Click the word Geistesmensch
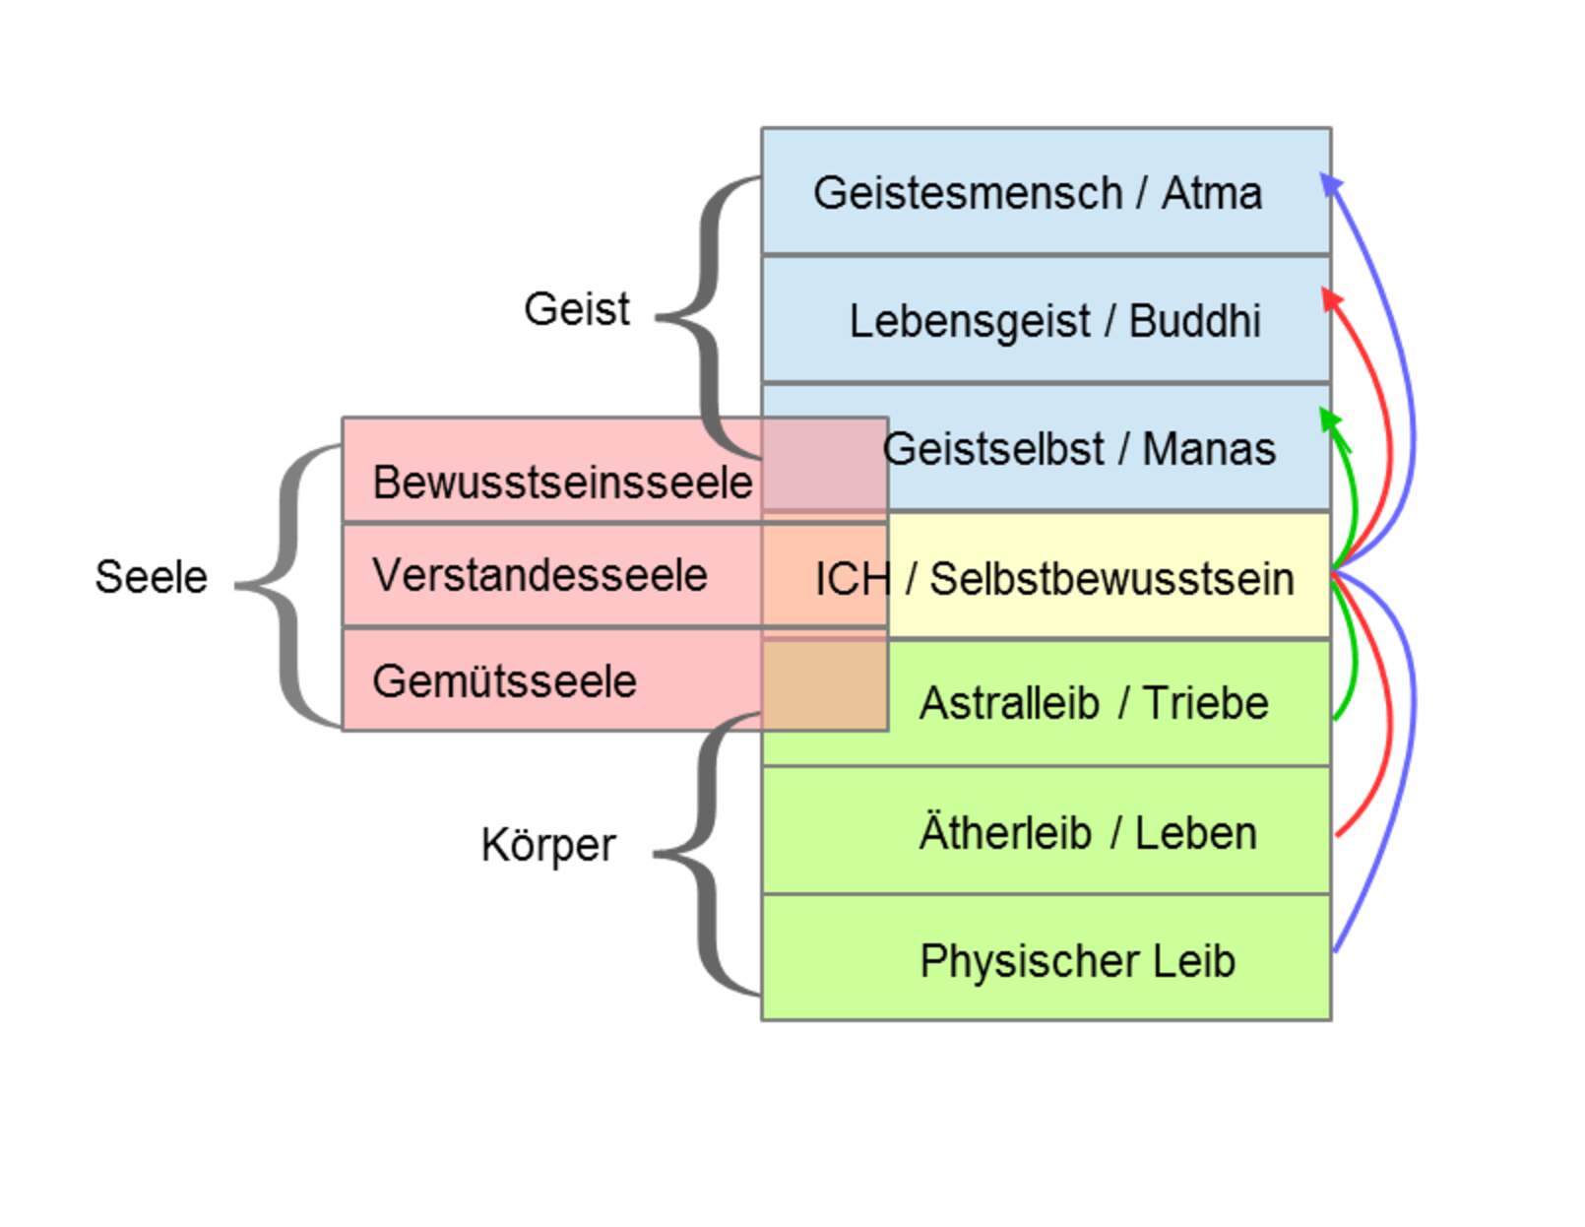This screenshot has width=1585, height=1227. tap(967, 193)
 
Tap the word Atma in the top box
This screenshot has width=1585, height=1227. tap(1211, 193)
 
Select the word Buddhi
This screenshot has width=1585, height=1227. tap(1194, 321)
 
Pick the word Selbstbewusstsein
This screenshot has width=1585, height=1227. tap(1111, 579)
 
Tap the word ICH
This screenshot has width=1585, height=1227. tap(853, 579)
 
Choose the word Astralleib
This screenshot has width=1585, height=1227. tap(1008, 703)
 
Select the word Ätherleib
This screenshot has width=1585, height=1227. tap(1005, 832)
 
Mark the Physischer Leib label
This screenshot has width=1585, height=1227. tap(1077, 961)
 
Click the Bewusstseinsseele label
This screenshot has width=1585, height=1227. tap(562, 483)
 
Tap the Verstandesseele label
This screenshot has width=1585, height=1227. tap(539, 575)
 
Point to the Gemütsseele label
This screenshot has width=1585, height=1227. tap(504, 681)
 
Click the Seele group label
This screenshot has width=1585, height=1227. tap(151, 577)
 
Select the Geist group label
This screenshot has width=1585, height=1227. tap(576, 309)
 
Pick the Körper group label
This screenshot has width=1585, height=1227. tap(547, 845)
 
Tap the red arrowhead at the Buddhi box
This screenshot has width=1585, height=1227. tap(1330, 298)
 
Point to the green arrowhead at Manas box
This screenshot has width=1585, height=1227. tap(1330, 420)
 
